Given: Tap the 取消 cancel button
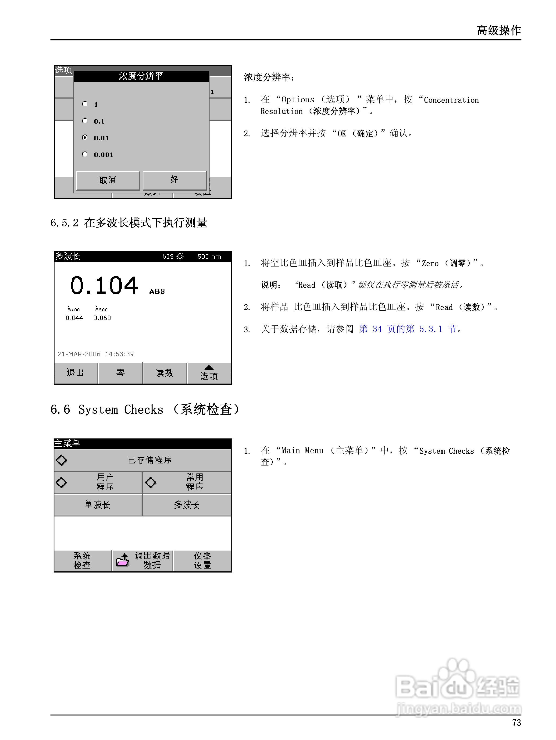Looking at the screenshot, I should [108, 180].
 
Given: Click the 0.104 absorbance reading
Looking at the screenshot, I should [104, 286].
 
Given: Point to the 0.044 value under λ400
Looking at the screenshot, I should [74, 318].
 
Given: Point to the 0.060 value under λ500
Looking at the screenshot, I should [102, 318].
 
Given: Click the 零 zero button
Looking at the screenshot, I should [120, 373].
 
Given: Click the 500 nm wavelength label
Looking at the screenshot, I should [209, 256].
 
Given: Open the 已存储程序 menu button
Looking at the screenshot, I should [143, 460].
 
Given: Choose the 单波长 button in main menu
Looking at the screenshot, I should [98, 505].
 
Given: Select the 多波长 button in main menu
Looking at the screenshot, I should [187, 505].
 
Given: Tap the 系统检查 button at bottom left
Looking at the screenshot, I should [82, 560].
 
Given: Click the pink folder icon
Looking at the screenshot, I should [122, 560].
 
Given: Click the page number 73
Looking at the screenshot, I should [517, 723].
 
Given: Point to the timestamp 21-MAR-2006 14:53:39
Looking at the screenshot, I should [96, 354].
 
